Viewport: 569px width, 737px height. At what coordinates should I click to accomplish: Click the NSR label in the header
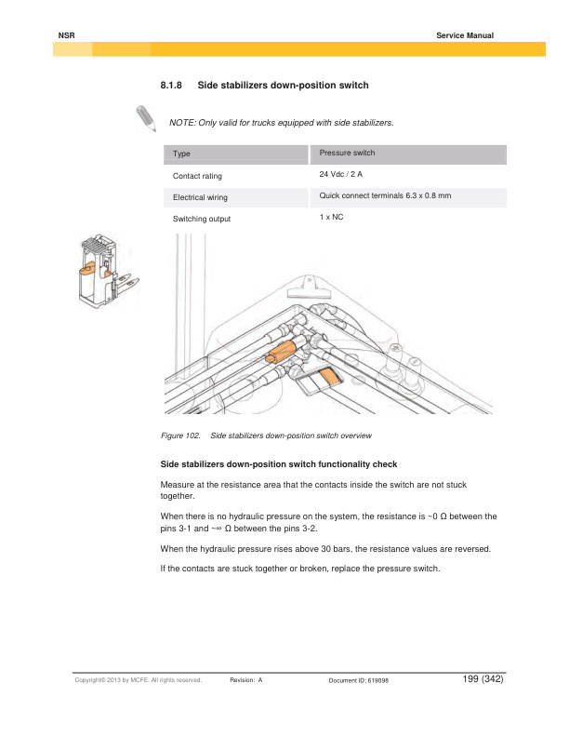tap(65, 35)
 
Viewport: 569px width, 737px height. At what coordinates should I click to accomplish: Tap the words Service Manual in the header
tap(464, 35)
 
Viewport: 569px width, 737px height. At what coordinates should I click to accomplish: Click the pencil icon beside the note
tap(146, 119)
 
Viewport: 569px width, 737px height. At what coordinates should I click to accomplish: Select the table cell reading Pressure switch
tap(347, 153)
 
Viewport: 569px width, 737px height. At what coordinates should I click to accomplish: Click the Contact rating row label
tap(197, 175)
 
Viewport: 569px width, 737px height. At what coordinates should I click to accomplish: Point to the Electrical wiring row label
tap(200, 197)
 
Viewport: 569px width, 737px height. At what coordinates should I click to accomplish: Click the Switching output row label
tap(202, 219)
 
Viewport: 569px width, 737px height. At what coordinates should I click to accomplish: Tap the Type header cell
tap(182, 154)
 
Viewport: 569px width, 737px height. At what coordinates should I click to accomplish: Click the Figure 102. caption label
tap(181, 435)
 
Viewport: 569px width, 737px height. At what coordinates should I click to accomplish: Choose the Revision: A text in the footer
tap(246, 681)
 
